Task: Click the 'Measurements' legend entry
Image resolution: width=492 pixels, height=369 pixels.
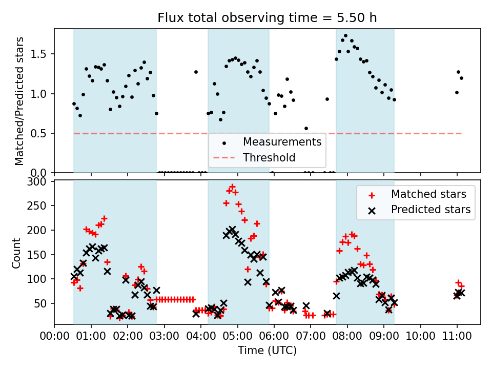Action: (282, 141)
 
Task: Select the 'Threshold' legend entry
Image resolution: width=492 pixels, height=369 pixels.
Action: (269, 157)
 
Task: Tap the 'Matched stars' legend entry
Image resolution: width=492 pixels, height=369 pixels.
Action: (428, 194)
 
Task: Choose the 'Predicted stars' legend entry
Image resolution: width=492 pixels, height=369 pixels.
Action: (430, 209)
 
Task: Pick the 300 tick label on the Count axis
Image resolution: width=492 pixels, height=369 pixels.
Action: (40, 181)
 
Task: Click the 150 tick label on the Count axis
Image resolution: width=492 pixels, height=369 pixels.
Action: (40, 255)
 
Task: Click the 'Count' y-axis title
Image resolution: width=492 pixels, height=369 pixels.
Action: (17, 253)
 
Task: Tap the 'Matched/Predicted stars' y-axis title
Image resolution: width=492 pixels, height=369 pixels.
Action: (19, 101)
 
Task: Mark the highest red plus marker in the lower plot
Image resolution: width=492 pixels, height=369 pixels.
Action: (232, 187)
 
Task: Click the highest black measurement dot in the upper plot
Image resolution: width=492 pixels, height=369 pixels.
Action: (345, 36)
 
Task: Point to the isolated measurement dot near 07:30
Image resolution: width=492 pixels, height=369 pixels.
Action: (327, 99)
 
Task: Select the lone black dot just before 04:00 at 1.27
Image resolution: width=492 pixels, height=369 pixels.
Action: (196, 72)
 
